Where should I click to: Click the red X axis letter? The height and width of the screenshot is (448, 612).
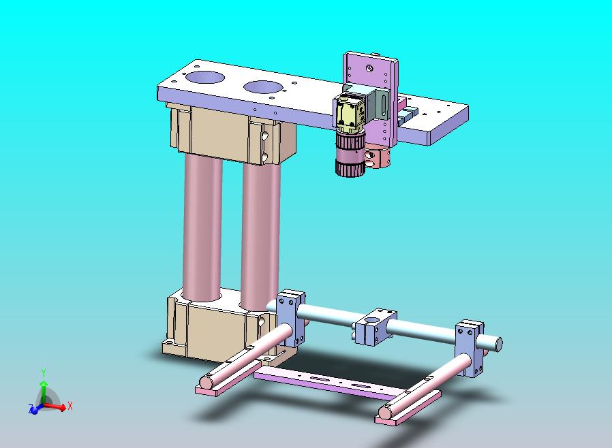(70, 406)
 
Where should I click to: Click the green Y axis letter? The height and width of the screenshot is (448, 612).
(44, 372)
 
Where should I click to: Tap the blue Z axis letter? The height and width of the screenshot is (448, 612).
(31, 408)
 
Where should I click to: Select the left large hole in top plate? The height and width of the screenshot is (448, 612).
(205, 78)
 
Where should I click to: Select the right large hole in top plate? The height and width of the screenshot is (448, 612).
(263, 87)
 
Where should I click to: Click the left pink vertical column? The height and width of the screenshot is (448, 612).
(202, 227)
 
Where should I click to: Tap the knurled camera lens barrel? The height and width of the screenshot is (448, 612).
(350, 153)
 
